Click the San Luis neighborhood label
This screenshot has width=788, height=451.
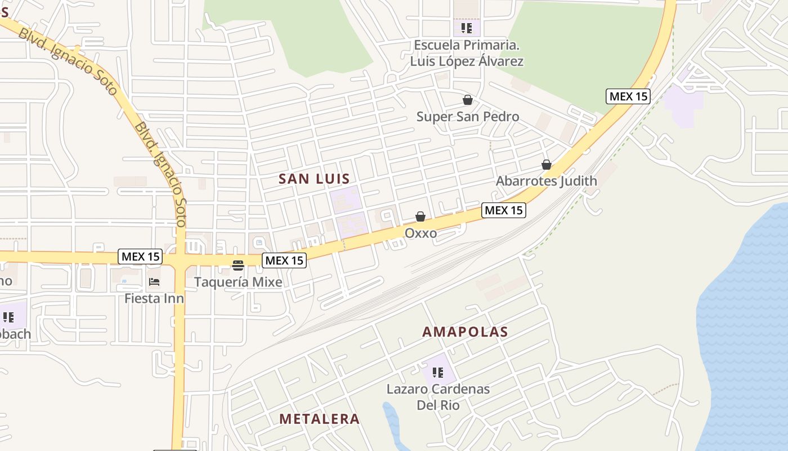tap(314, 179)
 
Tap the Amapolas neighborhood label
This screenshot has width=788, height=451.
tap(465, 331)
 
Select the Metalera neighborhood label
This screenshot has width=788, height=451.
tap(319, 419)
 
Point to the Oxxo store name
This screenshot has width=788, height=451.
tap(420, 233)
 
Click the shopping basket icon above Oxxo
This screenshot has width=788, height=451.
tap(420, 216)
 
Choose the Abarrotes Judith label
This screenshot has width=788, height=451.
tap(546, 181)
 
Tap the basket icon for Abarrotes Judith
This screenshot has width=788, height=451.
tap(546, 165)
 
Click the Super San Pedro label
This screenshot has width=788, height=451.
tap(468, 117)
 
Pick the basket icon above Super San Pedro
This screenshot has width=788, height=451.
tap(467, 100)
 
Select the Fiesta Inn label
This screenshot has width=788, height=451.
tap(154, 298)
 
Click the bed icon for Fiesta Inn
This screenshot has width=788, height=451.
tap(154, 281)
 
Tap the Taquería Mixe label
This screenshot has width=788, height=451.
tap(238, 282)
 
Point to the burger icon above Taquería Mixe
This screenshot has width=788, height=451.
tap(238, 266)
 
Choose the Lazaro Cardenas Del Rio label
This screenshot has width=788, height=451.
tap(438, 397)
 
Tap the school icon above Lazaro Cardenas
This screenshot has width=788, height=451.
tap(438, 373)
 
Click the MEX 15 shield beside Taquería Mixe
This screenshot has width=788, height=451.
tap(284, 260)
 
